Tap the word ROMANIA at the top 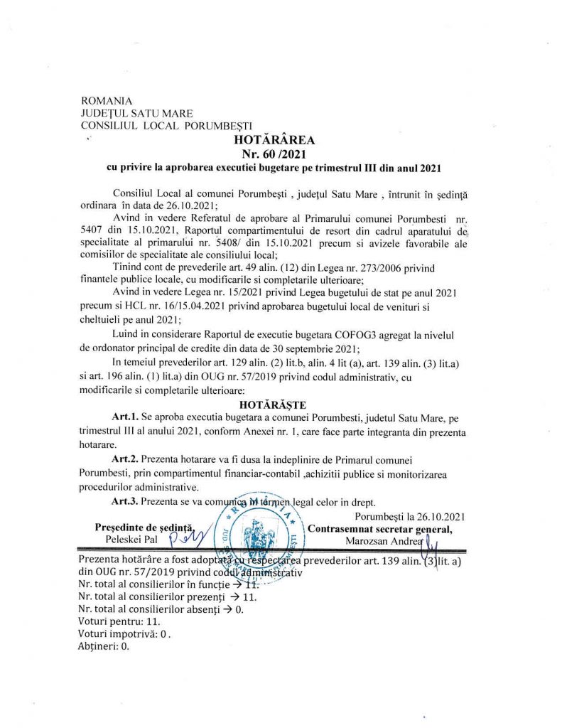(107, 100)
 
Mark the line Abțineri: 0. (104, 647)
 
